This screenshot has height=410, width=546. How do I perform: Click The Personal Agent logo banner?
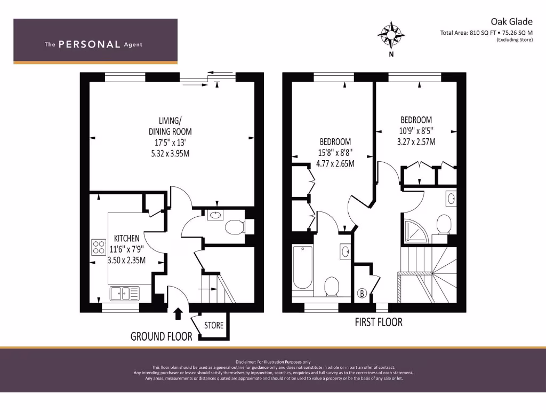(95, 42)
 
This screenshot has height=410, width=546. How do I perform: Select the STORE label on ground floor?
(214, 325)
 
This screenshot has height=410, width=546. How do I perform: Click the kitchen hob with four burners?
(99, 247)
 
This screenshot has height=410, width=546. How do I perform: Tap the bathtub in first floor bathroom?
(303, 270)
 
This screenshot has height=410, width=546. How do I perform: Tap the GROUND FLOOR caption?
(162, 336)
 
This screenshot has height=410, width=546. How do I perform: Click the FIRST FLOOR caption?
(379, 322)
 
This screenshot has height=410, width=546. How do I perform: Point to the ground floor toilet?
(235, 228)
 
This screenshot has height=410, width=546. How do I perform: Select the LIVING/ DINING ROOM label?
(170, 126)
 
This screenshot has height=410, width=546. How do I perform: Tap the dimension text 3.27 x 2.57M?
(416, 142)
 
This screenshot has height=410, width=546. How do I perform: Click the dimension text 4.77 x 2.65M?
(335, 163)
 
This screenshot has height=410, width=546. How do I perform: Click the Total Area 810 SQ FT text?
(486, 33)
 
